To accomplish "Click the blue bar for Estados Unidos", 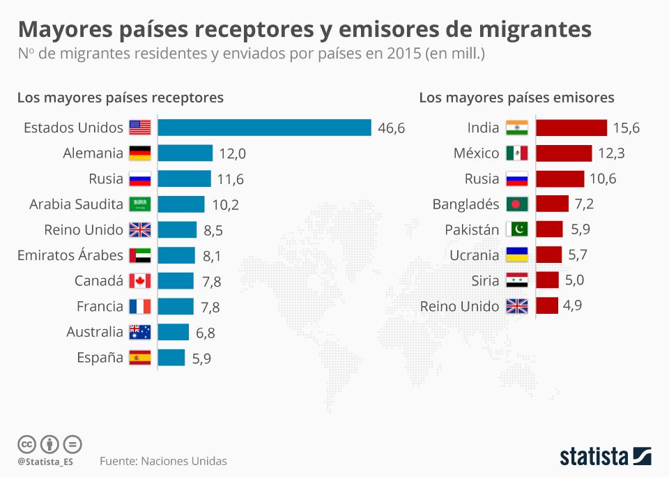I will pyautogui.click(x=264, y=128).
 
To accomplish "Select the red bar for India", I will pyautogui.click(x=571, y=128).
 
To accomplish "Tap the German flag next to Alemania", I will pyautogui.click(x=140, y=153).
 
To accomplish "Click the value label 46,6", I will pyautogui.click(x=391, y=128).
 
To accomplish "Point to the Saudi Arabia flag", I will pyautogui.click(x=140, y=204).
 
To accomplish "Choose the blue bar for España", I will pyautogui.click(x=171, y=358).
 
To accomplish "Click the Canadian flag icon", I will pyautogui.click(x=140, y=281).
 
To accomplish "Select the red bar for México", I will pyautogui.click(x=564, y=153).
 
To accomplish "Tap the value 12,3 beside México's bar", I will pyautogui.click(x=611, y=153).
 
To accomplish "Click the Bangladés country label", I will pyautogui.click(x=466, y=204).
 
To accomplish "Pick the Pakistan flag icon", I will pyautogui.click(x=517, y=230).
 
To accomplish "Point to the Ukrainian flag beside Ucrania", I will pyautogui.click(x=517, y=255).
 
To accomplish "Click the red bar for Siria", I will pyautogui.click(x=548, y=281).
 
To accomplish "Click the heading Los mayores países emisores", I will pyautogui.click(x=516, y=98).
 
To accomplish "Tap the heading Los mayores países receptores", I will pyautogui.click(x=121, y=98).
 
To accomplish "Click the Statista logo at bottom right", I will pyautogui.click(x=606, y=457).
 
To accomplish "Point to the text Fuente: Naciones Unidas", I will pyautogui.click(x=163, y=461).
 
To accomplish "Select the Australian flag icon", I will pyautogui.click(x=140, y=332).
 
